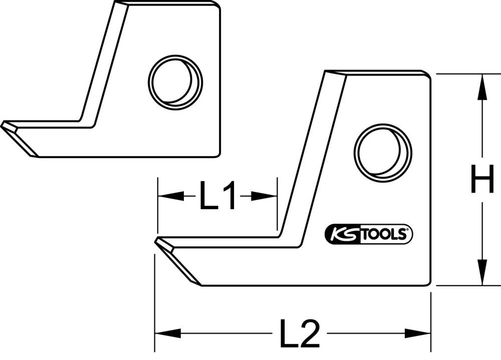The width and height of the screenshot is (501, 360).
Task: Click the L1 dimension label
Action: (x=217, y=196)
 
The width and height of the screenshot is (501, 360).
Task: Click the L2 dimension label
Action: (x=299, y=333)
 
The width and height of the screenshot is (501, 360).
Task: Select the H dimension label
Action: (x=482, y=181)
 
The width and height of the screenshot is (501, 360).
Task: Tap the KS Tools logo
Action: (x=369, y=234)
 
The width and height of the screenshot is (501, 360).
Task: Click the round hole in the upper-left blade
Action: (x=175, y=82)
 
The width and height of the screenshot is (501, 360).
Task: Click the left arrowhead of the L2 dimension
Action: (x=165, y=332)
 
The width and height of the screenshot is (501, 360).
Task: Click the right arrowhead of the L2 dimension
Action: (x=420, y=332)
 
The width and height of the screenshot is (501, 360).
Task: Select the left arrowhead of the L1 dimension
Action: (x=168, y=196)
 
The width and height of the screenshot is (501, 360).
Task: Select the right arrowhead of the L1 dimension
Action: (x=266, y=196)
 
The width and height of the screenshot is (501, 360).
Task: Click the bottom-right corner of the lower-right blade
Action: (x=429, y=284)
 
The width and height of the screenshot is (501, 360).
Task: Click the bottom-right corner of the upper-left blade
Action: (x=218, y=155)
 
